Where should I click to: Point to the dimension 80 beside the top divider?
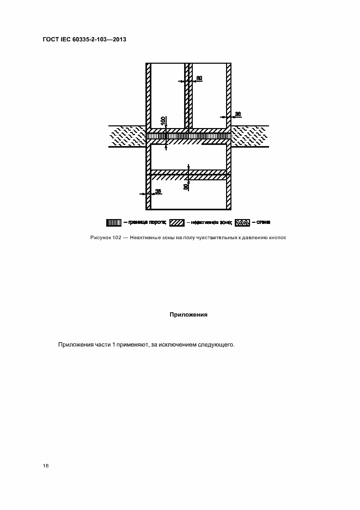(x=199, y=78)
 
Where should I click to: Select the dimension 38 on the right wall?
(x=237, y=114)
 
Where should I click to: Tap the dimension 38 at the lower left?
(x=158, y=191)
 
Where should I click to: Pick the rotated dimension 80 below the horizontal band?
(x=186, y=186)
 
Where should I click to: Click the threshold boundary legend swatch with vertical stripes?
(x=113, y=222)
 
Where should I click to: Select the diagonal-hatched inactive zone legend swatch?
(x=176, y=222)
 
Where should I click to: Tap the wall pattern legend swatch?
(x=242, y=222)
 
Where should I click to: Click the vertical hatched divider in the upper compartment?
(x=187, y=93)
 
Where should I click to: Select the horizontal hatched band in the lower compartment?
(x=188, y=174)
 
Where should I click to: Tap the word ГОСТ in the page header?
(x=50, y=40)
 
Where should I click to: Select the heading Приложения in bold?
(x=188, y=314)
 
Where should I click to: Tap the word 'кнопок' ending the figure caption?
(x=276, y=238)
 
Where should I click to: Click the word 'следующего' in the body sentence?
(x=215, y=345)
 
